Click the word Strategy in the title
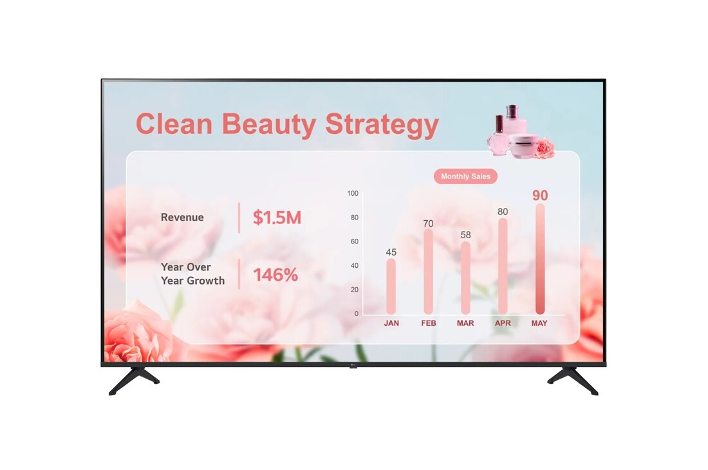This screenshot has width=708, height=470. click(x=382, y=125)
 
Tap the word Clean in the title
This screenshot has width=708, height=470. click(x=174, y=124)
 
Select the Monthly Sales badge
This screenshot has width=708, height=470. click(x=465, y=176)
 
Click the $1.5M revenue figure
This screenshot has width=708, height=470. click(x=277, y=218)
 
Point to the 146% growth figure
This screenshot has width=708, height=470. click(x=275, y=274)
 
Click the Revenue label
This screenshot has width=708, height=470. click(x=182, y=217)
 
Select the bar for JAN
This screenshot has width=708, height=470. click(x=391, y=287)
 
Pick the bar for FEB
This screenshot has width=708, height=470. click(x=428, y=272)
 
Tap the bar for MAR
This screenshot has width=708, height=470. click(x=465, y=278)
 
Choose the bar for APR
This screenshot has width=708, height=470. click(x=503, y=267)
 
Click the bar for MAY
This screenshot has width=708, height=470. click(x=540, y=259)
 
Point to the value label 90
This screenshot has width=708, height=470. click(x=540, y=196)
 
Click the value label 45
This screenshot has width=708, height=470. click(x=391, y=252)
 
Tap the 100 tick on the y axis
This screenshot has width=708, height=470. click(x=353, y=193)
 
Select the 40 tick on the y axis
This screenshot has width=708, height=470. click(x=355, y=265)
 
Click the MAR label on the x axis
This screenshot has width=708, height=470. click(x=465, y=323)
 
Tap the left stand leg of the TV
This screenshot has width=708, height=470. click(x=134, y=380)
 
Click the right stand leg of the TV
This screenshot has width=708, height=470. click(x=573, y=380)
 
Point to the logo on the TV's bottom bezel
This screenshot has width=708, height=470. click(x=353, y=365)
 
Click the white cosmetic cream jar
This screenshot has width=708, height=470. click(x=523, y=146)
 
